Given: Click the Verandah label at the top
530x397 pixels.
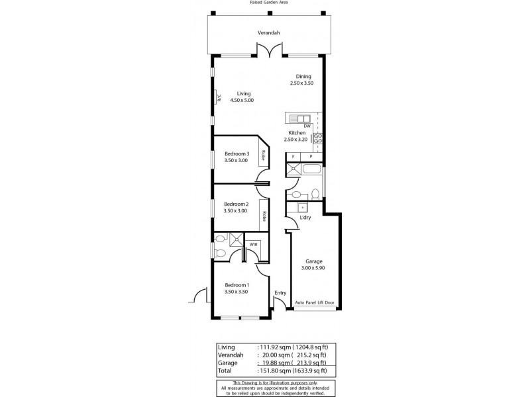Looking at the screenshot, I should point(268,32).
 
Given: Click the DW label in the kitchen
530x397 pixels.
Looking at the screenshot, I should point(307,126).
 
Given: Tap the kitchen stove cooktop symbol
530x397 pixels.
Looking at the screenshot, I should point(317,138).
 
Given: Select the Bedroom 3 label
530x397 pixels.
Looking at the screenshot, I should point(236,154).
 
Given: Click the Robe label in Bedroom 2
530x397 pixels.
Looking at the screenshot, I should point(264,216).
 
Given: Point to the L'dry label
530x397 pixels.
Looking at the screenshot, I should point(305,218).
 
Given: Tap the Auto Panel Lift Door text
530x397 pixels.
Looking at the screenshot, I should point(314,303).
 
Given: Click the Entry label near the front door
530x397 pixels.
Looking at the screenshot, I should point(280,293).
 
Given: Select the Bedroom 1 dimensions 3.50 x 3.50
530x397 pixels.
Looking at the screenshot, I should point(236,291).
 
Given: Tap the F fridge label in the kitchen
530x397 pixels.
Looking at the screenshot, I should point(293,157).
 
